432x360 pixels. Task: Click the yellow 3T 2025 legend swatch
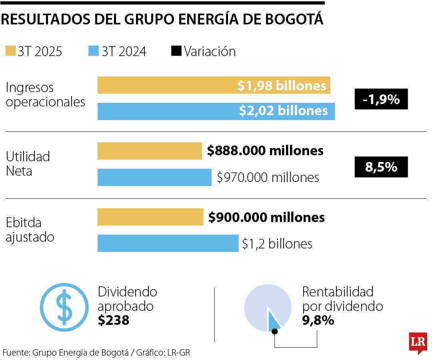pyautogui.click(x=10, y=51)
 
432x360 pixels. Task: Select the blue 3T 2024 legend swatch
pyautogui.click(x=94, y=51)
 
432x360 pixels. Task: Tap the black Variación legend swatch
pyautogui.click(x=176, y=51)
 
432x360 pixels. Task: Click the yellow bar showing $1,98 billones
pyautogui.click(x=214, y=85)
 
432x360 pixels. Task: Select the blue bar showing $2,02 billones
pyautogui.click(x=216, y=111)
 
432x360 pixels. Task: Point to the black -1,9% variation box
pyautogui.click(x=381, y=99)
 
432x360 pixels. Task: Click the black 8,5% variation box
pyautogui.click(x=381, y=167)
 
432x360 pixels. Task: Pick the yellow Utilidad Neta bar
pyautogui.click(x=150, y=151)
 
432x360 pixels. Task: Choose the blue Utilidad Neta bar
pyautogui.click(x=154, y=177)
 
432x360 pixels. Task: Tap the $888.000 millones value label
pyautogui.click(x=265, y=151)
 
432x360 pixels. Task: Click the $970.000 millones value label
pyautogui.click(x=268, y=177)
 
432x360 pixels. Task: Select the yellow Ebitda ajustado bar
pyautogui.click(x=150, y=217)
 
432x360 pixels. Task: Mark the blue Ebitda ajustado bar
pyautogui.click(x=168, y=243)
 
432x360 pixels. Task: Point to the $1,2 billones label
pyautogui.click(x=277, y=244)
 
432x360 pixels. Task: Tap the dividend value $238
pyautogui.click(x=114, y=320)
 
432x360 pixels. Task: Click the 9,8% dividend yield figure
pyautogui.click(x=318, y=320)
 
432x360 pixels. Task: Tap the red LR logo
pyautogui.click(x=418, y=342)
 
